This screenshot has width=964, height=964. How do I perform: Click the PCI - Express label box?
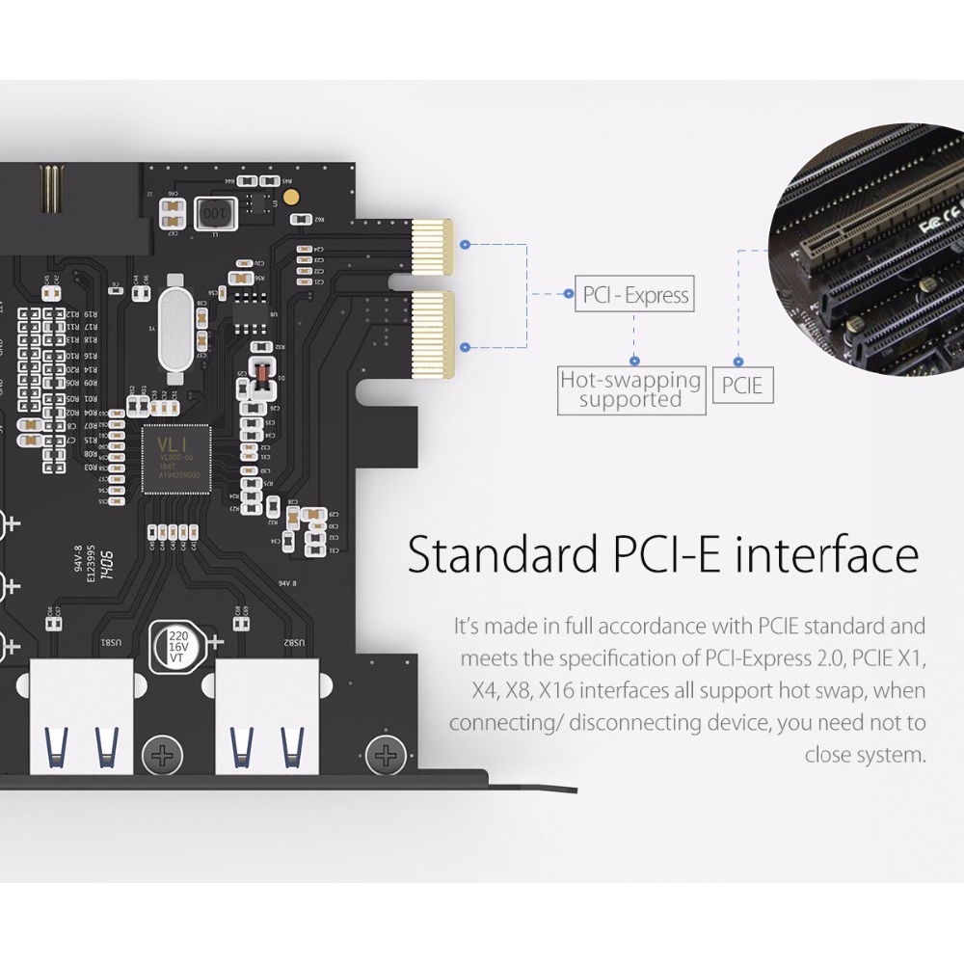pyautogui.click(x=635, y=294)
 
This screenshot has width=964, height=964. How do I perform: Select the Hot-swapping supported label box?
pyautogui.click(x=631, y=389)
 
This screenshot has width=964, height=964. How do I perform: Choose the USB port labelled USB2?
pyautogui.click(x=263, y=717)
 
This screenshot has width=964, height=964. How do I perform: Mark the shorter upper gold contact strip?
pyautogui.click(x=433, y=246)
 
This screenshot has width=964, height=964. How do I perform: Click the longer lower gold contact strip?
pyautogui.click(x=433, y=335)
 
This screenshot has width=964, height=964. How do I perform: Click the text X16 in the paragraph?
pyautogui.click(x=557, y=690)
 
